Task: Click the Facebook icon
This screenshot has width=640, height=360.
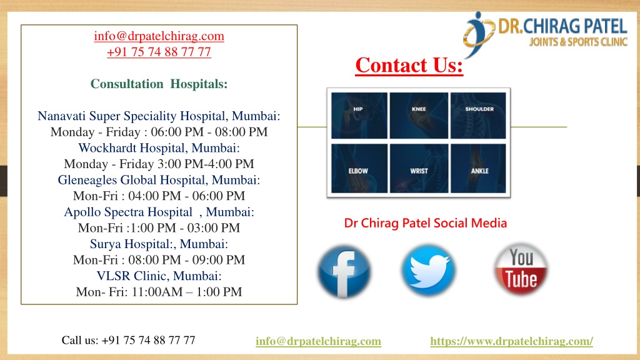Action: click(x=344, y=271)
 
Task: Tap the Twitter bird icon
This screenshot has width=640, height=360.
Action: click(x=428, y=270)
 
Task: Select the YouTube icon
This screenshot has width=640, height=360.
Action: click(x=521, y=269)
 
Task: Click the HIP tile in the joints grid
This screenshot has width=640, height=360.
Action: click(x=359, y=116)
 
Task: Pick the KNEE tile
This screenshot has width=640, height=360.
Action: click(x=419, y=116)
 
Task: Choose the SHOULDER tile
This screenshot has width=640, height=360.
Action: click(x=478, y=116)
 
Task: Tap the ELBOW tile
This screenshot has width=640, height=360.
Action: click(x=359, y=168)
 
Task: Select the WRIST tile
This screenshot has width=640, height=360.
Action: click(x=419, y=168)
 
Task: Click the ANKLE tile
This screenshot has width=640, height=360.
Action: click(x=478, y=168)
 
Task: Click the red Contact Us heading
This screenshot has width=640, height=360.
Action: click(x=409, y=65)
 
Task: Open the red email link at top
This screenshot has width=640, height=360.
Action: click(x=159, y=36)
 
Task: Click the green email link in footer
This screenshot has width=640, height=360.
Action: click(x=318, y=341)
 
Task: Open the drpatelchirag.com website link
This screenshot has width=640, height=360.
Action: click(x=511, y=341)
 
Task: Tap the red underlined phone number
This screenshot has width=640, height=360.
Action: click(x=159, y=52)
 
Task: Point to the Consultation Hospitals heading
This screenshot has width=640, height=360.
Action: click(x=159, y=84)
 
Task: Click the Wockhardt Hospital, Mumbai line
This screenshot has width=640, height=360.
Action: click(x=159, y=147)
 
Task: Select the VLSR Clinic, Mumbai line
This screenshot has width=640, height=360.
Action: click(x=159, y=276)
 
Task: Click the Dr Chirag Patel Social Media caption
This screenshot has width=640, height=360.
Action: click(x=425, y=223)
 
